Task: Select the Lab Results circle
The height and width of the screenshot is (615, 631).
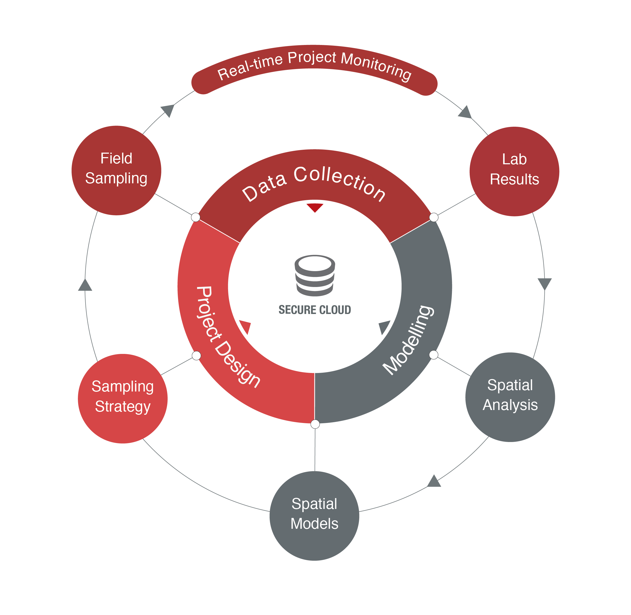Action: [514, 171]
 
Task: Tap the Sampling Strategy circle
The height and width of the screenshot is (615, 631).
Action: [123, 398]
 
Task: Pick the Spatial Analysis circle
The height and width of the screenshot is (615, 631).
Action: [510, 397]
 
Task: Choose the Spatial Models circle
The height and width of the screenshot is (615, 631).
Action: [314, 516]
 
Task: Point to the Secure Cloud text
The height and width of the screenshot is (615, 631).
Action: [314, 310]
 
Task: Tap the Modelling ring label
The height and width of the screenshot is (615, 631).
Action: [408, 340]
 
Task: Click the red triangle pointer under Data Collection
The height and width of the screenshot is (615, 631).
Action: [314, 207]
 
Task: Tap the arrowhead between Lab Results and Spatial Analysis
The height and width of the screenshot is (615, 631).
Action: [544, 283]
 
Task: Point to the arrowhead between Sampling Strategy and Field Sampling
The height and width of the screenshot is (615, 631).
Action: [85, 285]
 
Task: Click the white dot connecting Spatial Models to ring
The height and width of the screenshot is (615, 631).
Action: [315, 424]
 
